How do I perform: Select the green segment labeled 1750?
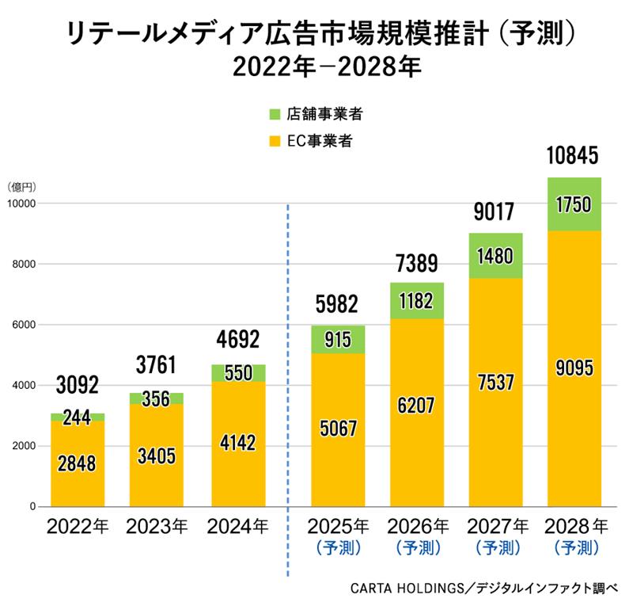click(x=574, y=204)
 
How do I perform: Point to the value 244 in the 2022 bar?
click(x=78, y=417)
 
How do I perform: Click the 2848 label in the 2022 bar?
click(x=78, y=463)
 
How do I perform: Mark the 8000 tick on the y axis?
click(x=26, y=265)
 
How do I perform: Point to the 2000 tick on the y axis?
click(x=26, y=447)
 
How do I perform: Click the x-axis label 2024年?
click(x=237, y=526)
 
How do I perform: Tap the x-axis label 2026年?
click(x=417, y=526)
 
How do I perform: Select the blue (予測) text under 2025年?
click(x=338, y=547)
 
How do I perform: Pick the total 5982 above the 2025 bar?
click(x=337, y=303)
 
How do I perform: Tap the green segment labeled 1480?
click(x=495, y=256)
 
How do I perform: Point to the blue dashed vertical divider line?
click(x=287, y=356)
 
